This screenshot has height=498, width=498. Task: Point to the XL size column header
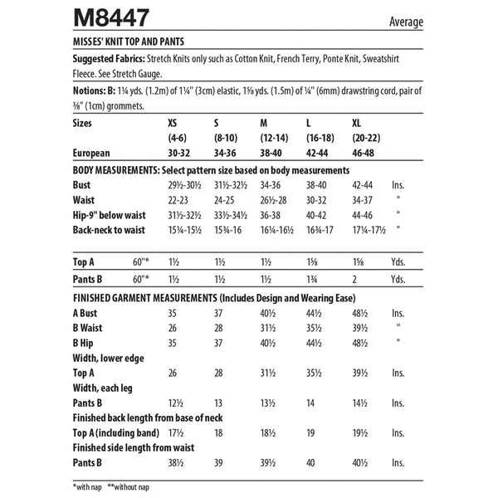[359, 123]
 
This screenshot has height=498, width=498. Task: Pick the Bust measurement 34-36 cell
[271, 184]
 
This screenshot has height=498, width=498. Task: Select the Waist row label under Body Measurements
[84, 200]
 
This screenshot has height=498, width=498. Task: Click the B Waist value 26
[173, 328]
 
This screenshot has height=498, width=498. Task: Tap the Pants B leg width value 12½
[175, 403]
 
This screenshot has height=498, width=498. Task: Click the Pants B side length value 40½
[364, 463]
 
